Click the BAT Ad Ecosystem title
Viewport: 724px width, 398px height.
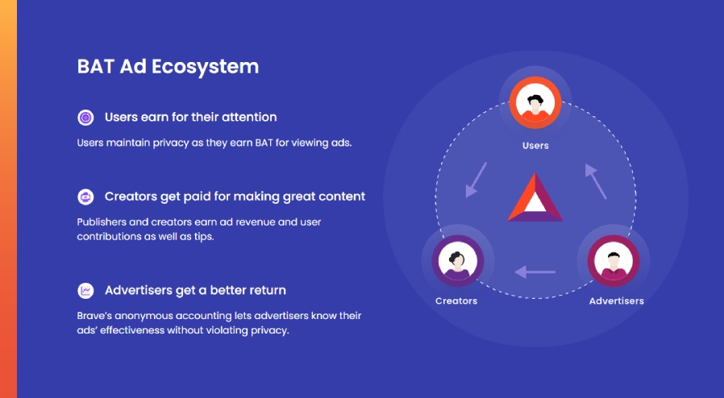[168, 67]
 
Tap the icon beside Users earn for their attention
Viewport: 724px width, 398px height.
[85, 118]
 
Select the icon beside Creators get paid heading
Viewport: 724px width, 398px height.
[85, 197]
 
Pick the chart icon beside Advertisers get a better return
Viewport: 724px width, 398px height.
[85, 291]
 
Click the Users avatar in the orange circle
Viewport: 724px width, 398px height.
[535, 102]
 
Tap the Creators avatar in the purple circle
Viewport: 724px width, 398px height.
[458, 260]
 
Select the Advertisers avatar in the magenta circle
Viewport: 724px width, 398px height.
[614, 260]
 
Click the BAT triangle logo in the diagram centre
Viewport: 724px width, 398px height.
[535, 197]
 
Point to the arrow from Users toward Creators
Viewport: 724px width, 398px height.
[476, 180]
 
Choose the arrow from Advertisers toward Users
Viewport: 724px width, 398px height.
[596, 181]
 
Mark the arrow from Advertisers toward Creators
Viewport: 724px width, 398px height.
[535, 272]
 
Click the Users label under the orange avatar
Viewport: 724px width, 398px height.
[535, 146]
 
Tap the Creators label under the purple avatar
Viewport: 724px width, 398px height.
[456, 301]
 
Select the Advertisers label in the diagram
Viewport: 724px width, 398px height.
[617, 301]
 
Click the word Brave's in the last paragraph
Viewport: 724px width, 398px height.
[94, 317]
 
